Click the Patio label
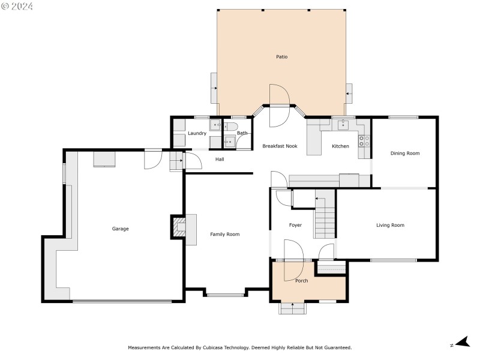tap(281, 57)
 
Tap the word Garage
tap(120, 229)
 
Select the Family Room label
tap(224, 234)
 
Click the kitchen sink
tap(343, 125)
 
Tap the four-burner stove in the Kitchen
tap(364, 141)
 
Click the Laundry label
tap(197, 133)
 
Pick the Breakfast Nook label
tap(280, 146)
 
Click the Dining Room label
tap(405, 154)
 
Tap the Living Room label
tap(390, 226)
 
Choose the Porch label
tap(301, 281)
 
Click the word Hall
tap(220, 159)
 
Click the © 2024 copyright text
tap(17, 7)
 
